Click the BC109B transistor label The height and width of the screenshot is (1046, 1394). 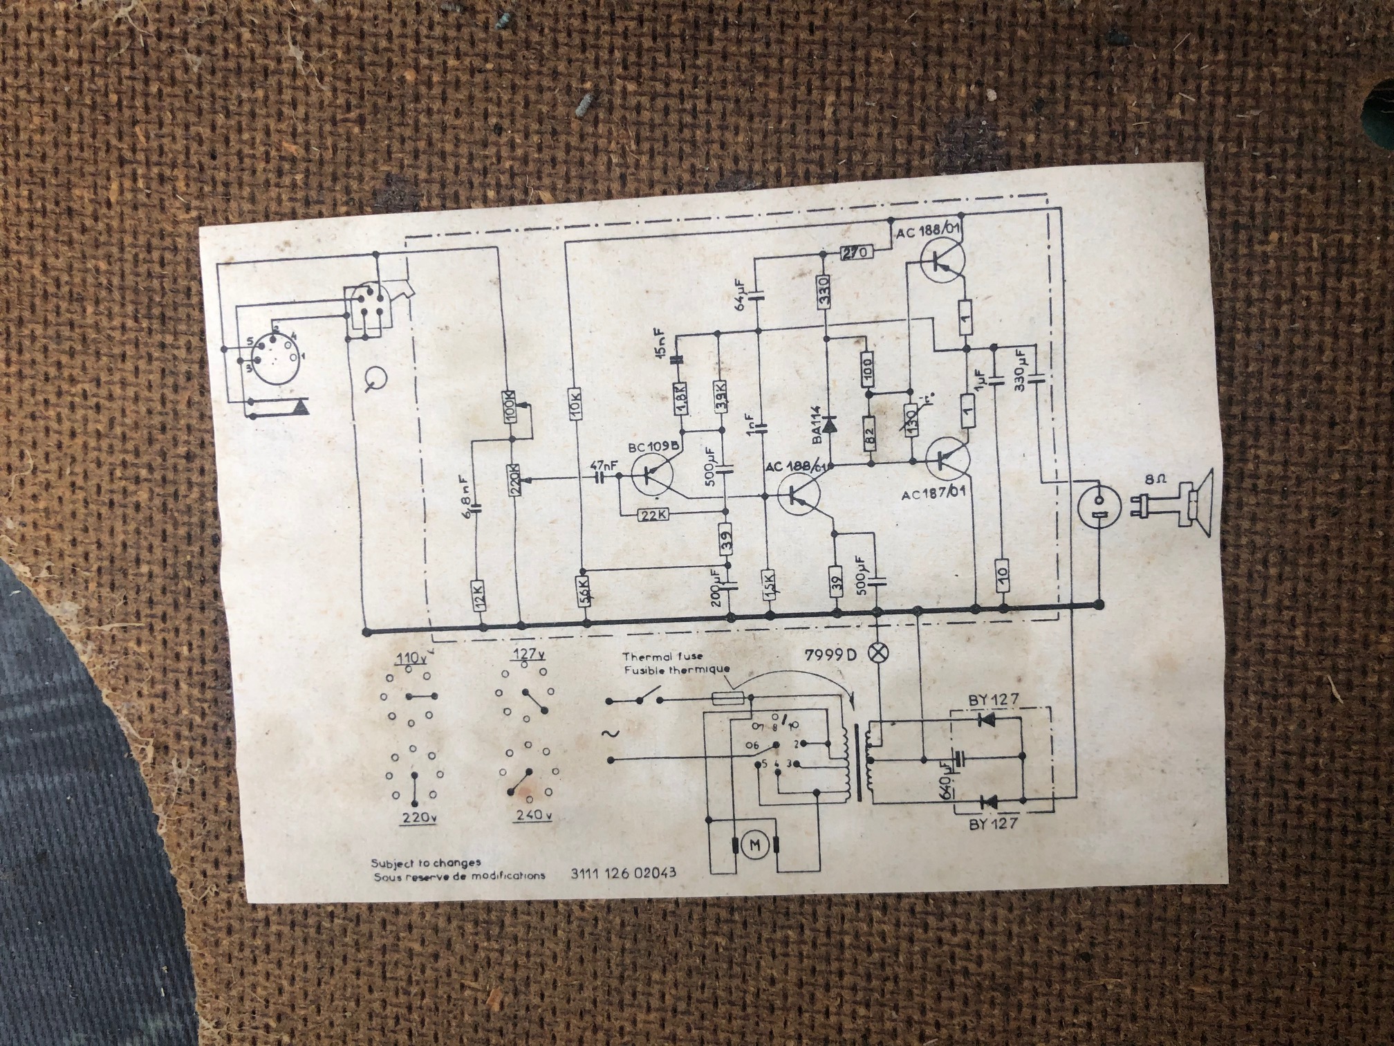[x=653, y=448]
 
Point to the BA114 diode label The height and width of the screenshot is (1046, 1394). [x=817, y=425]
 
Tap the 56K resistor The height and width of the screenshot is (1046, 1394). [x=585, y=589]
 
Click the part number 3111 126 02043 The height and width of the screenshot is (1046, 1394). [x=623, y=873]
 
